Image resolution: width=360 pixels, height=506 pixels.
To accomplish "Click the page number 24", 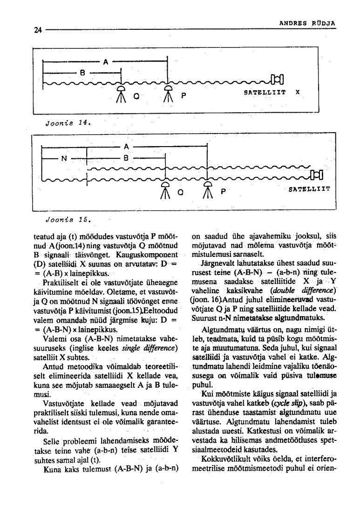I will pyautogui.click(x=38, y=30).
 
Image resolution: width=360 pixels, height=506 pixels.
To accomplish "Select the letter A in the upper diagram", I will pyautogui.click(x=106, y=61).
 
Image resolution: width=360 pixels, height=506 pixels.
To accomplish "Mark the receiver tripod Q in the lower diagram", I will pyautogui.click(x=164, y=189).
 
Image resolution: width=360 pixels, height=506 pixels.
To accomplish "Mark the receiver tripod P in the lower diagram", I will pyautogui.click(x=207, y=189).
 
